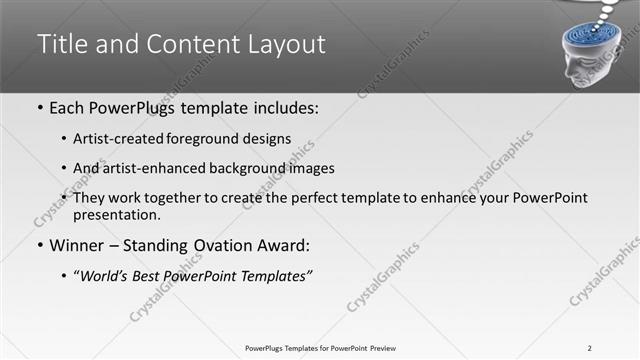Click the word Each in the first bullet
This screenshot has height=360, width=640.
coord(68,108)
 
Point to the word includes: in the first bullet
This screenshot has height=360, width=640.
coord(283,108)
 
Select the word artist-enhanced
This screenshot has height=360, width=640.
coord(147,168)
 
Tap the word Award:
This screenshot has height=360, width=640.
coord(284,246)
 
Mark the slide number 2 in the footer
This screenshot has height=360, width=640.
coord(590,348)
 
